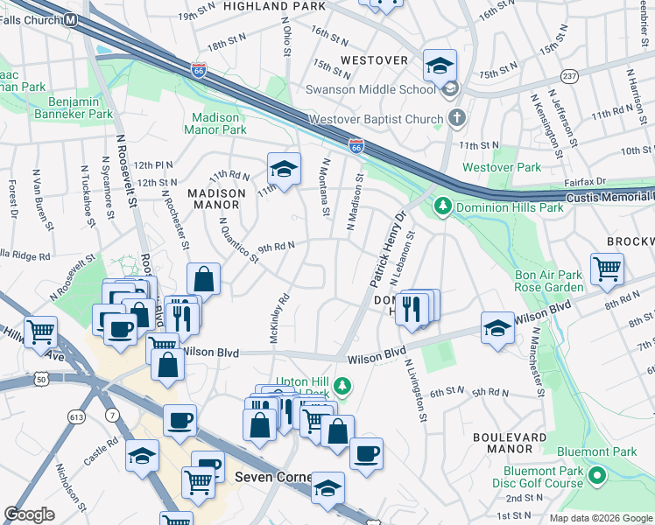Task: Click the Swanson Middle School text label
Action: (x=370, y=88)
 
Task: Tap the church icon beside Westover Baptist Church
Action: (x=455, y=116)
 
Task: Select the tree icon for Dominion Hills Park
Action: (x=443, y=206)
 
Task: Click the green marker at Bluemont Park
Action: (x=598, y=477)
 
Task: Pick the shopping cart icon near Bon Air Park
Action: (x=607, y=269)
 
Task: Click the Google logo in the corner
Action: (x=30, y=514)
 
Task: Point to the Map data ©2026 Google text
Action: (x=600, y=518)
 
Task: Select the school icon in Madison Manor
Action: (x=284, y=169)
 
